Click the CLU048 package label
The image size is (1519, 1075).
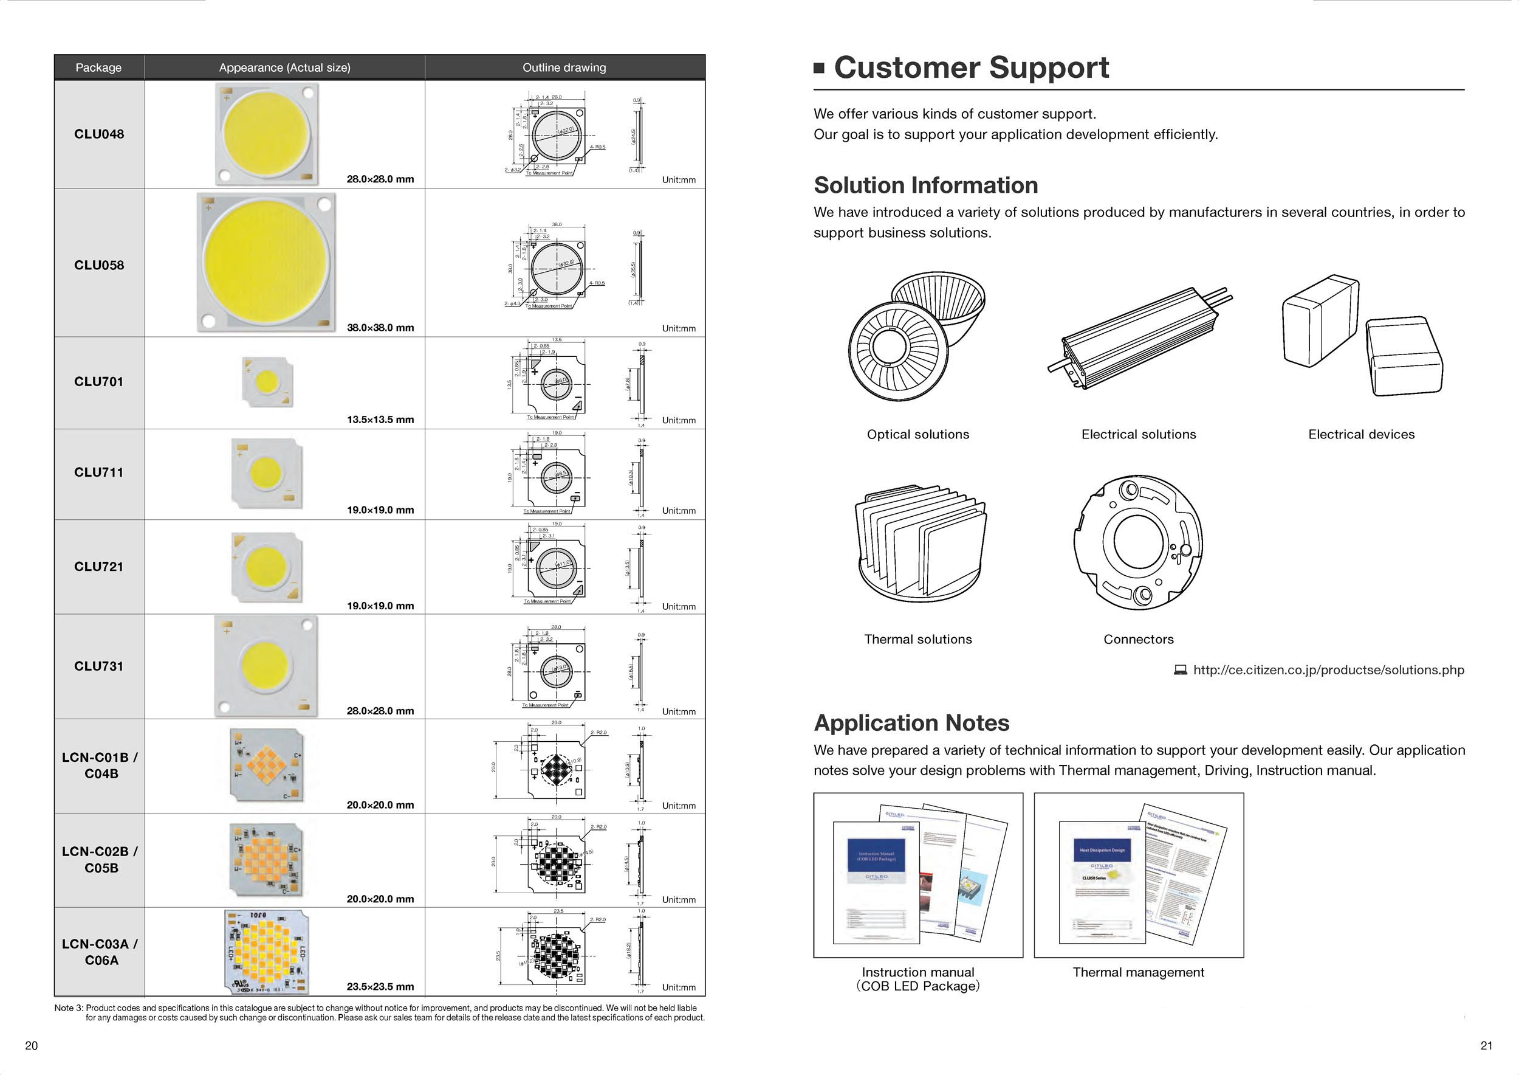click(x=99, y=134)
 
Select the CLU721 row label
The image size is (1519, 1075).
click(x=99, y=567)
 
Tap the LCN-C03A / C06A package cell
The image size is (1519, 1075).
click(x=100, y=952)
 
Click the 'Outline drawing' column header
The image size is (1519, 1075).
click(x=564, y=67)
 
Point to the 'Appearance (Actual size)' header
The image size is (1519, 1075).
click(x=284, y=67)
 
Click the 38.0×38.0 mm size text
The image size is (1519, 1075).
click(x=380, y=328)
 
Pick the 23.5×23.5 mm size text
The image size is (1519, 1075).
click(x=380, y=986)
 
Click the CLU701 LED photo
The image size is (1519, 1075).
click(x=267, y=381)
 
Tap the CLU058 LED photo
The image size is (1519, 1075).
click(x=267, y=262)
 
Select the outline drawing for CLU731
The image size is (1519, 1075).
click(x=556, y=667)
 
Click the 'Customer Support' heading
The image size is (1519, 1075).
click(x=970, y=67)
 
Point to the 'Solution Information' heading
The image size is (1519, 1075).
click(x=925, y=185)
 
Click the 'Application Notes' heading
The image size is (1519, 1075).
click(x=911, y=723)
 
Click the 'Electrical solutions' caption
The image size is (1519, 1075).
click(x=1139, y=434)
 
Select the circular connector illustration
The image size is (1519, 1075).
click(x=1138, y=542)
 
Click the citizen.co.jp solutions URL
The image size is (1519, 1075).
click(x=1328, y=670)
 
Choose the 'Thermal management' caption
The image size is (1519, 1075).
click(x=1138, y=972)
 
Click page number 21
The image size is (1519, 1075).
click(x=1486, y=1046)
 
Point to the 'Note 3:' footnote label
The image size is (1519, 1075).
click(x=69, y=1008)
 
